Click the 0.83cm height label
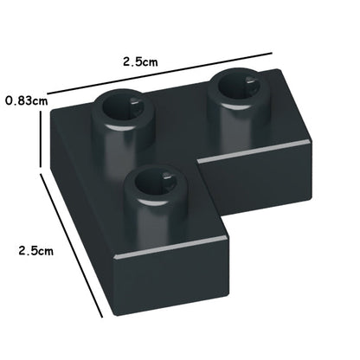point(27,100)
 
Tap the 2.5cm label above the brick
point(140,61)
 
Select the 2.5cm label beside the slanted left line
point(36,250)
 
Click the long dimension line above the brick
point(160,73)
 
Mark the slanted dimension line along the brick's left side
point(71,245)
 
